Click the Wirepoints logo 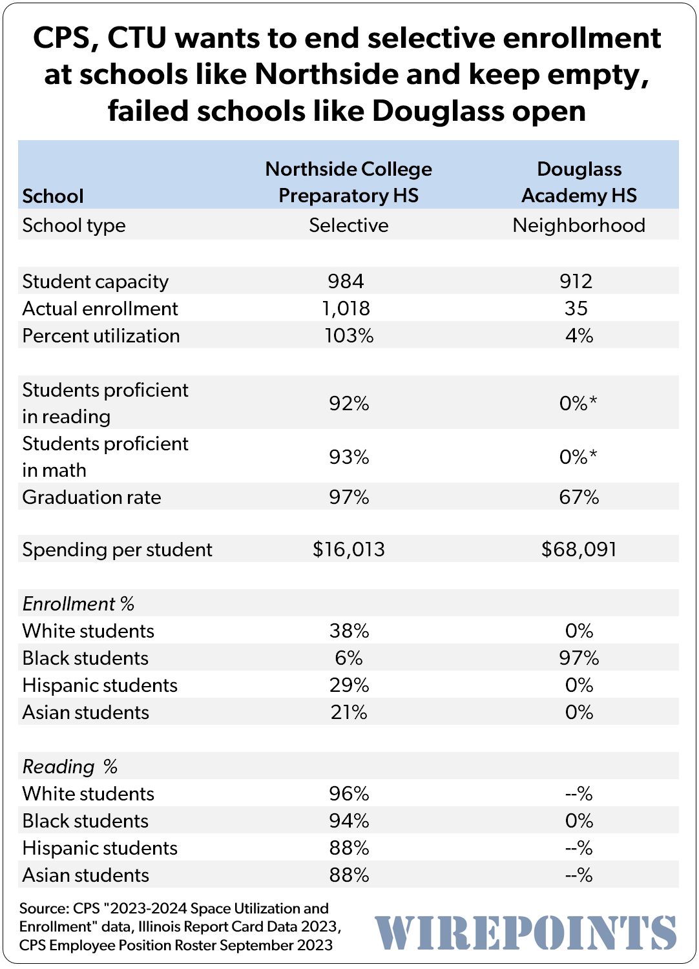pyautogui.click(x=525, y=933)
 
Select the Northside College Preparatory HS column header pyautogui.click(x=348, y=182)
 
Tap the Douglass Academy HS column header pyautogui.click(x=579, y=182)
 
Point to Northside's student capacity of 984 pyautogui.click(x=346, y=281)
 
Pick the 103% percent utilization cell pyautogui.click(x=349, y=335)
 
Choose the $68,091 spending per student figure pyautogui.click(x=579, y=549)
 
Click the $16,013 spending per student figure pyautogui.click(x=348, y=549)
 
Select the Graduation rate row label pyautogui.click(x=92, y=497)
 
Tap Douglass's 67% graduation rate pyautogui.click(x=579, y=497)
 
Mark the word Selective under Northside pyautogui.click(x=348, y=225)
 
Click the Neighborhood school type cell pyautogui.click(x=579, y=225)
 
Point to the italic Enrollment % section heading pyautogui.click(x=78, y=603)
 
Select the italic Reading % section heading pyautogui.click(x=70, y=766)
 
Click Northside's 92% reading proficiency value pyautogui.click(x=349, y=403)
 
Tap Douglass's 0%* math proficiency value pyautogui.click(x=578, y=457)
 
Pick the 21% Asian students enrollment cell pyautogui.click(x=348, y=712)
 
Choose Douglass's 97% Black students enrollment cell pyautogui.click(x=579, y=658)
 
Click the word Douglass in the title pyautogui.click(x=437, y=110)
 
